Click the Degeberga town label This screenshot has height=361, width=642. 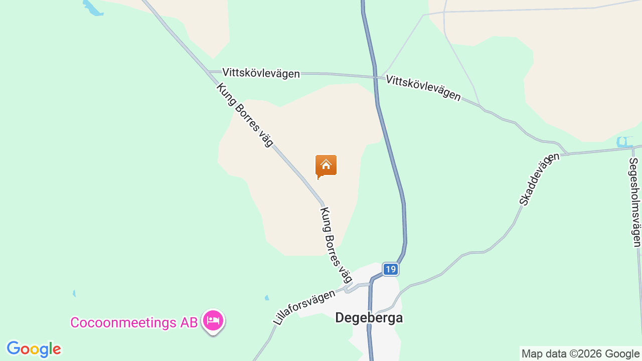(x=369, y=318)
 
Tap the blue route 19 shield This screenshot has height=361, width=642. (x=390, y=269)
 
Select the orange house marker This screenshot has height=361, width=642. (x=326, y=166)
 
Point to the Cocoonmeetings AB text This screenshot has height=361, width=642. (x=134, y=322)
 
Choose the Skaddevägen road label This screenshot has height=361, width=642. (x=539, y=179)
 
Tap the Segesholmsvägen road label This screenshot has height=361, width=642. (x=634, y=202)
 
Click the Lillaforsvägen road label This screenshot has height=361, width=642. (x=304, y=306)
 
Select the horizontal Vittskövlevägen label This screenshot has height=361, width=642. (x=261, y=73)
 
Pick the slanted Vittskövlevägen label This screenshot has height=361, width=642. (x=423, y=88)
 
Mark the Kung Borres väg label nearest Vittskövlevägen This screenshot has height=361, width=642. (x=245, y=115)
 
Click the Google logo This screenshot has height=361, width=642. (x=34, y=349)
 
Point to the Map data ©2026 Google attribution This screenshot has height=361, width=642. (x=580, y=353)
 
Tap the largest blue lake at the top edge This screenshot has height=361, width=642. (x=93, y=8)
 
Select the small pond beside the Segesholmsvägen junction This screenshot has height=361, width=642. (x=624, y=142)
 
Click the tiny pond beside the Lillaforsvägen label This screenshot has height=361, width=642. (x=267, y=298)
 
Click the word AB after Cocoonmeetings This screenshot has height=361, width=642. (x=189, y=322)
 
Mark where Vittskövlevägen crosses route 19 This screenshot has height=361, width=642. (x=375, y=77)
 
